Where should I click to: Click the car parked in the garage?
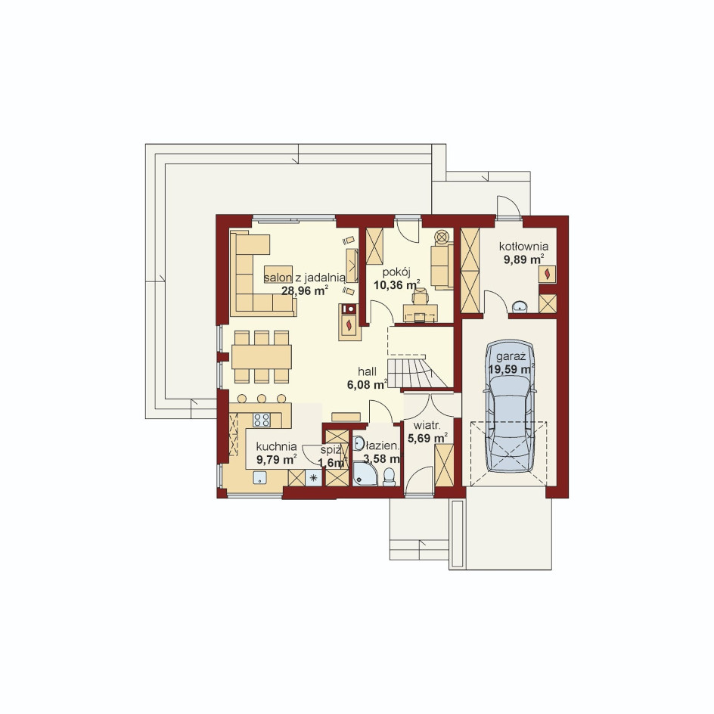click(510, 405)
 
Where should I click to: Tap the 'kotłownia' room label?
click(523, 247)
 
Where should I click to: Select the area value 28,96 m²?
click(305, 290)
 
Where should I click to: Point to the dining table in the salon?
click(262, 356)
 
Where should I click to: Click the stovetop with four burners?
click(262, 419)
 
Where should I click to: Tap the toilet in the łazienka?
click(390, 478)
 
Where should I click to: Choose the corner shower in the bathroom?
click(365, 474)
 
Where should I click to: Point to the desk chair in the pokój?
click(421, 296)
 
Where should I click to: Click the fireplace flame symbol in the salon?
click(349, 324)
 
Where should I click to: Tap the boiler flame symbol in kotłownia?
click(547, 274)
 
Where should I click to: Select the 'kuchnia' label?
click(276, 447)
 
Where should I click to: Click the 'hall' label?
click(367, 371)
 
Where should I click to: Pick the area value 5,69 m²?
click(427, 438)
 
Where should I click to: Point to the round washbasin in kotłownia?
click(520, 307)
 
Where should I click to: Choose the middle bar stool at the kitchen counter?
click(262, 399)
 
